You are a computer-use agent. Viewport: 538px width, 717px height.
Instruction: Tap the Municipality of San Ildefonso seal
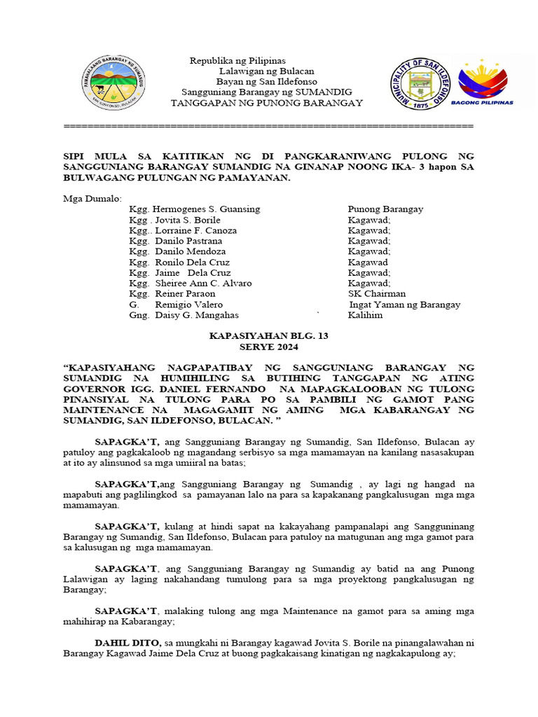[419, 81]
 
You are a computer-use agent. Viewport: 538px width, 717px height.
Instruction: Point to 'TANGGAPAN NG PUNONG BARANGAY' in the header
[267, 103]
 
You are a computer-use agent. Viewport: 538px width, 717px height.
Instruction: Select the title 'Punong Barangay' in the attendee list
[385, 209]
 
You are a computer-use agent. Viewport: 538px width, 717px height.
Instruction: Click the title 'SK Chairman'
[376, 294]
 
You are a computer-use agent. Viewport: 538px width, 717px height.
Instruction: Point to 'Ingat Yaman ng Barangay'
[405, 305]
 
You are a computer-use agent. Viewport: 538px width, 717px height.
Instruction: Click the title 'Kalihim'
[365, 315]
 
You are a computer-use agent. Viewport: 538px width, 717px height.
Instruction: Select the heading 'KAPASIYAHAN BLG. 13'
[269, 336]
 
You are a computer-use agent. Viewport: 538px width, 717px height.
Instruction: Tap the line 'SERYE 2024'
[269, 347]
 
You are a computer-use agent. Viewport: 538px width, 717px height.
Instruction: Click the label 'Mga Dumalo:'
[92, 199]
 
